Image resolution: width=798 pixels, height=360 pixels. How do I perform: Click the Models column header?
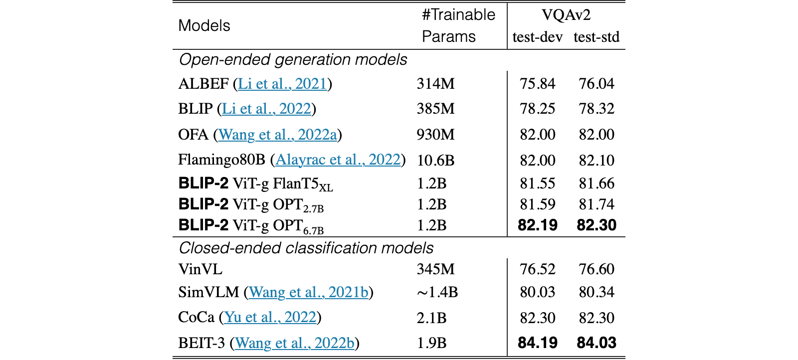204,25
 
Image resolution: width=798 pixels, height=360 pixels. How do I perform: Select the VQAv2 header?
566,15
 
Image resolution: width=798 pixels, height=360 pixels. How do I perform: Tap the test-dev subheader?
537,37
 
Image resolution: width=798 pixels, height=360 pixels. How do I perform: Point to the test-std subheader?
597,37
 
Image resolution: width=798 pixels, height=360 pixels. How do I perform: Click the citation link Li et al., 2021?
282,84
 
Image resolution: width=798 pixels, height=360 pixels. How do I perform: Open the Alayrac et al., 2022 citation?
338,160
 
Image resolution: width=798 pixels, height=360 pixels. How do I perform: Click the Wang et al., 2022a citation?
277,135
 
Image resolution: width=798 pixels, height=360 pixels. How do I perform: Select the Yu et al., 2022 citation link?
270,317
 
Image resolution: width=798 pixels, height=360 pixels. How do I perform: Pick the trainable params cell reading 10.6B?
435,160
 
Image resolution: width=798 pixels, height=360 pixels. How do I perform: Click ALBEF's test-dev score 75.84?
537,84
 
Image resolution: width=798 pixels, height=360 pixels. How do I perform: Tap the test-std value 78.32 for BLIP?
597,109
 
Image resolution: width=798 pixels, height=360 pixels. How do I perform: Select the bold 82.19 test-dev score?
537,225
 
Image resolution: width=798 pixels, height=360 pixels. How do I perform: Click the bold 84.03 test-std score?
597,343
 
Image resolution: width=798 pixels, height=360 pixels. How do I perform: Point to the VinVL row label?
200,269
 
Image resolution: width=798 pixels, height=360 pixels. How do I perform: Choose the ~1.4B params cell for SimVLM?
437,292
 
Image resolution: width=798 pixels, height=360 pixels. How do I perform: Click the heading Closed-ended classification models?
306,248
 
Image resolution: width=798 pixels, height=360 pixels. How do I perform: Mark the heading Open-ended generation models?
293,60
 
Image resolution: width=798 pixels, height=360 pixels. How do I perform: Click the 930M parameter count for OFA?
435,135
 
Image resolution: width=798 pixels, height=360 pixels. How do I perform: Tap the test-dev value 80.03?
537,292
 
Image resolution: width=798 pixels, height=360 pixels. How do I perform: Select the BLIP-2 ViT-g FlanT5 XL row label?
255,184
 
